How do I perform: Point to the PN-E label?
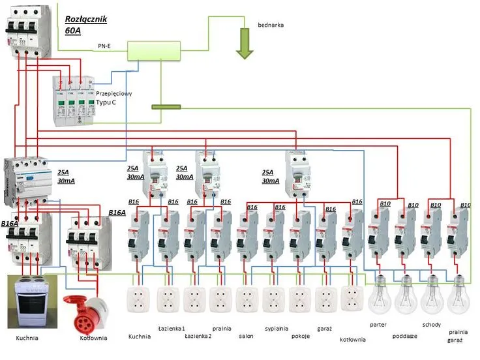coord(105,46)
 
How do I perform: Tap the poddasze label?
coord(406,336)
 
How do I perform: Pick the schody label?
coord(431,324)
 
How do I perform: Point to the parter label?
coord(378,324)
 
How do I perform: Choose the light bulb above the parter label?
coord(379,297)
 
